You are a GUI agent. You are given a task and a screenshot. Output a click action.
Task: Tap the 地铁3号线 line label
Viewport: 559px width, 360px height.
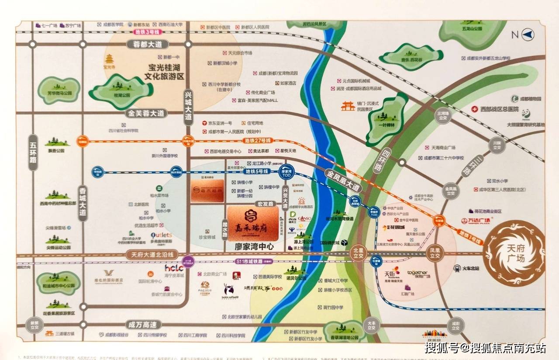click(148, 32)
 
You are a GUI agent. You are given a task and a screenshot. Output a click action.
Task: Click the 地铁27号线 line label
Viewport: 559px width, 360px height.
click(258, 141)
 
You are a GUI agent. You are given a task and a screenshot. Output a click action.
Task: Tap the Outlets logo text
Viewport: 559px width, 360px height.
click(161, 235)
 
